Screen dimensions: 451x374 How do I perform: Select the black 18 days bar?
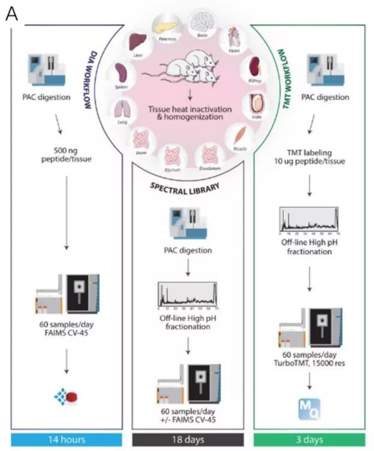point(187,440)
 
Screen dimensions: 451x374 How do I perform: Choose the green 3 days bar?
point(309,440)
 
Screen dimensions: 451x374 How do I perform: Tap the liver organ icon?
point(139,44)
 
